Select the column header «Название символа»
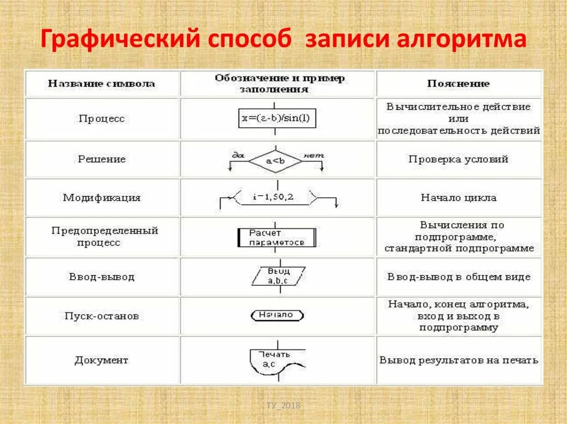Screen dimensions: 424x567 click(x=101, y=84)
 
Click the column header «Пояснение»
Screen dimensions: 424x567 click(x=458, y=84)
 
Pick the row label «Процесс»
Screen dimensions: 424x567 click(x=101, y=119)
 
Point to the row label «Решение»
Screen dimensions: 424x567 click(x=101, y=159)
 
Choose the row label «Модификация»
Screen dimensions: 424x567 click(x=101, y=197)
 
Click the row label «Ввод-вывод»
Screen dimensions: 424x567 click(x=101, y=276)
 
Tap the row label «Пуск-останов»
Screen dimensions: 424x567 click(x=101, y=316)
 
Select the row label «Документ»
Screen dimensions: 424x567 click(x=101, y=360)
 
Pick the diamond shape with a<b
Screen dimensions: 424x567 click(x=275, y=161)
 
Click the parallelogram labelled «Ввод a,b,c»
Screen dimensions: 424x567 click(x=278, y=276)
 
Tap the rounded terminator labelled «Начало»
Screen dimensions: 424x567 click(x=277, y=315)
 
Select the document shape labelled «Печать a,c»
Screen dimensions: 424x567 click(x=275, y=360)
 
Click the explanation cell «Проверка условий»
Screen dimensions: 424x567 click(x=458, y=159)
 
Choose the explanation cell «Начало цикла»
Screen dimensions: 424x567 click(x=458, y=197)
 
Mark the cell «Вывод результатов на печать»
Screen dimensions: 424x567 click(x=458, y=360)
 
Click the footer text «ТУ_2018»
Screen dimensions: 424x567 click(x=283, y=406)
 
